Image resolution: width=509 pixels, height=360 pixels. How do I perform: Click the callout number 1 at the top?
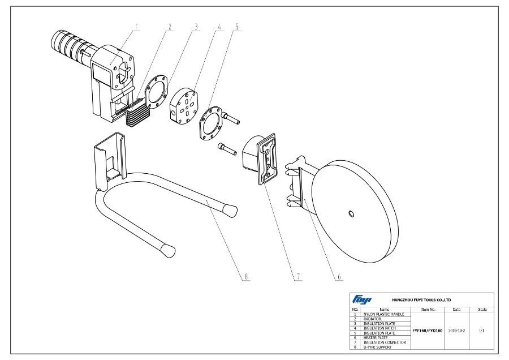pos(137,27)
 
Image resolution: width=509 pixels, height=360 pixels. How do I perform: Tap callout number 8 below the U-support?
pos(246,277)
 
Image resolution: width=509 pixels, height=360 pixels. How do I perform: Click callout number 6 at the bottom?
pos(339,277)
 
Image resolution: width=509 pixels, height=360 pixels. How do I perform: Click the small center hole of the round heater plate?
pos(351,213)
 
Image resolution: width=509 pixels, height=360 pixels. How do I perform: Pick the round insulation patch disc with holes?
pos(183,105)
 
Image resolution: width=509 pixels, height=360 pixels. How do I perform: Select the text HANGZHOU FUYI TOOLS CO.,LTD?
pos(421,299)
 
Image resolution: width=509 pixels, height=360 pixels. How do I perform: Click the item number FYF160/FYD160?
pos(428,330)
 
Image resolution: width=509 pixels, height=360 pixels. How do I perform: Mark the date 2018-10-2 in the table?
pos(456,330)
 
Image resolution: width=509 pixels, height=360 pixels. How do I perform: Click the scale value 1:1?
pos(482,330)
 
